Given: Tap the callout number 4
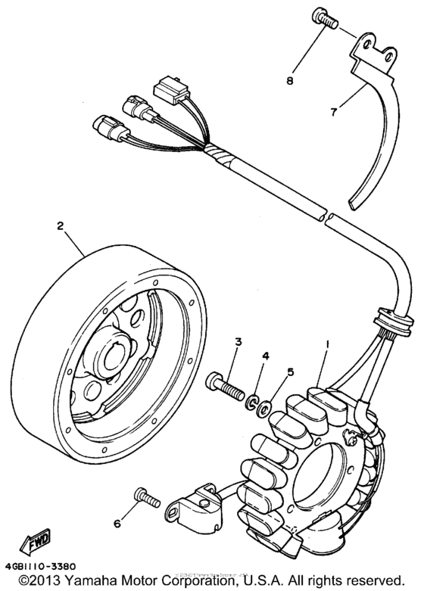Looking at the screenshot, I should pyautogui.click(x=266, y=356).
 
